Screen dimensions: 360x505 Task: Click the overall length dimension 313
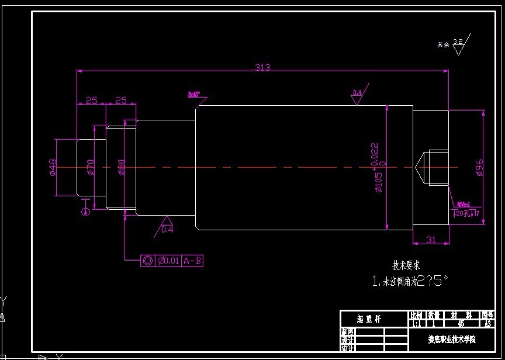262,67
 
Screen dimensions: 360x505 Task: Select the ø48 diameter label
52,168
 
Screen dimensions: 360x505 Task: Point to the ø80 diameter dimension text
122,167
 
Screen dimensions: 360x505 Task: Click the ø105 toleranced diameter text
378,167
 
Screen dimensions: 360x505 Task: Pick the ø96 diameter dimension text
479,167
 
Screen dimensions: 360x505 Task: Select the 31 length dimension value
431,239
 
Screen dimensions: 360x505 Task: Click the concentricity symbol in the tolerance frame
147,261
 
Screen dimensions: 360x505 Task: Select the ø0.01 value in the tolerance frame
168,261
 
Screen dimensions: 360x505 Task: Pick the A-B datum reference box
192,261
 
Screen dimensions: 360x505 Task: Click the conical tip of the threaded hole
419,167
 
